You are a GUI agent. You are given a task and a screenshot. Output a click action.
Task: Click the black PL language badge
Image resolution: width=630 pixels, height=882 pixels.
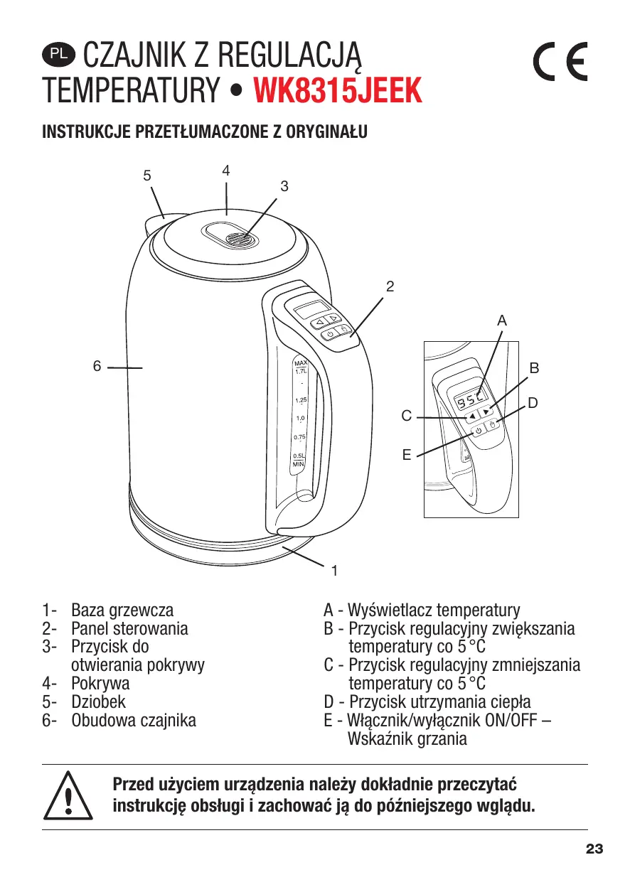58,53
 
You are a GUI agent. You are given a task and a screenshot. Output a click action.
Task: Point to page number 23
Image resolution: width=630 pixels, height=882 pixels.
594,849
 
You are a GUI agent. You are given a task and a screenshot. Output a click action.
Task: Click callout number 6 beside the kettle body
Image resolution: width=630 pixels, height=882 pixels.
97,366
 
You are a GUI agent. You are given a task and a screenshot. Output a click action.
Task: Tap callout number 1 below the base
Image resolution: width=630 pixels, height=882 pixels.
333,570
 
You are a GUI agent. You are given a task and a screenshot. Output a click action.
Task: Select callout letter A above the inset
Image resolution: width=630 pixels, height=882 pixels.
502,321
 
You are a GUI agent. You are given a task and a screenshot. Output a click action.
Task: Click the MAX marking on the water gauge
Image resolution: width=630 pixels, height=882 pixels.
299,364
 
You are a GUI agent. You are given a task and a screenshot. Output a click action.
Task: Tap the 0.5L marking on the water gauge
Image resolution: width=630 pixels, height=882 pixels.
299,456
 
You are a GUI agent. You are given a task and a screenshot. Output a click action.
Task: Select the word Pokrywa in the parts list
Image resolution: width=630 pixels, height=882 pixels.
100,684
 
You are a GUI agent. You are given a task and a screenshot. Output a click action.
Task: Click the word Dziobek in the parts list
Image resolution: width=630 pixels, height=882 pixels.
98,702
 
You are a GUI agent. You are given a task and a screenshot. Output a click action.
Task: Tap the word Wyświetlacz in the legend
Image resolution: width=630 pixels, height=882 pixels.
389,610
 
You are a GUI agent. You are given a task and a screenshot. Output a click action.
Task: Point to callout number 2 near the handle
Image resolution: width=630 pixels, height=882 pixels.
390,287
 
